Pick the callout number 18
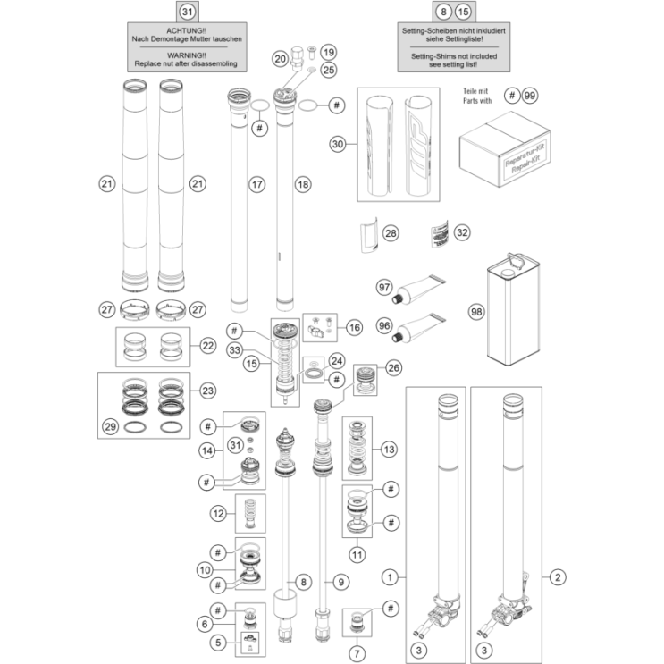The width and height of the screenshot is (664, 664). (302, 185)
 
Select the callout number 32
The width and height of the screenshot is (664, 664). (461, 232)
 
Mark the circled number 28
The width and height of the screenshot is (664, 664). (390, 232)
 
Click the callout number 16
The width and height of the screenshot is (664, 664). (354, 328)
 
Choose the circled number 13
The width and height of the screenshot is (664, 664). (388, 447)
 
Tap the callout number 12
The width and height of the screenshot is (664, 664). (218, 513)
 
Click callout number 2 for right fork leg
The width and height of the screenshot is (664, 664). (558, 578)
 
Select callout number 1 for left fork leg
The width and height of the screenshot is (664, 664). (390, 578)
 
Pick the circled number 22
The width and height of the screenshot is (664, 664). (208, 345)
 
